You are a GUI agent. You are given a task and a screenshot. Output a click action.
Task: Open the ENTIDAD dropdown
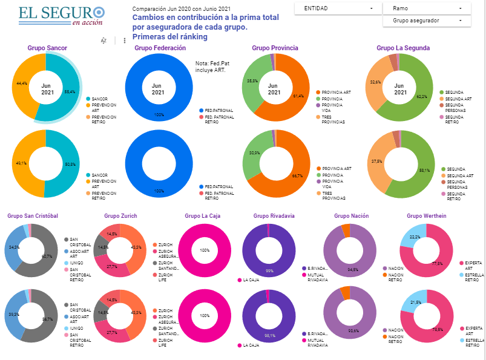coord(337,8)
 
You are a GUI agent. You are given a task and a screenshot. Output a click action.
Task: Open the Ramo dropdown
coord(427,8)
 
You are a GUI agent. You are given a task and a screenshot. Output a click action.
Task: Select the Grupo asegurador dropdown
coord(427,21)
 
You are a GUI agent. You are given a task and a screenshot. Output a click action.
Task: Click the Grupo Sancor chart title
coord(47,48)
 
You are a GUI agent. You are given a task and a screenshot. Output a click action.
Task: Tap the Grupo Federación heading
coord(160,48)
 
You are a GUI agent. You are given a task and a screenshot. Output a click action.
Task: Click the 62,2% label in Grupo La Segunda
coord(421,96)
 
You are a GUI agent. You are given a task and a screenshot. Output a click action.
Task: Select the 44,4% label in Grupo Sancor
coord(22,83)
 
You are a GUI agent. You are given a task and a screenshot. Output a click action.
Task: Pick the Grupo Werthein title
coord(426,215)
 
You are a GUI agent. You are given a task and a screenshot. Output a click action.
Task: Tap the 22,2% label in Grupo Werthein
coord(415,237)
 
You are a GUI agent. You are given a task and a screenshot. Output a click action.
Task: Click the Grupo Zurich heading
coord(120,215)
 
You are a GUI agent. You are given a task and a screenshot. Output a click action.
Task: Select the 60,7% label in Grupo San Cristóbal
coord(47,257)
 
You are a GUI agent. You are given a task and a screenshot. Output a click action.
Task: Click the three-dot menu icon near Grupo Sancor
coord(125,41)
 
